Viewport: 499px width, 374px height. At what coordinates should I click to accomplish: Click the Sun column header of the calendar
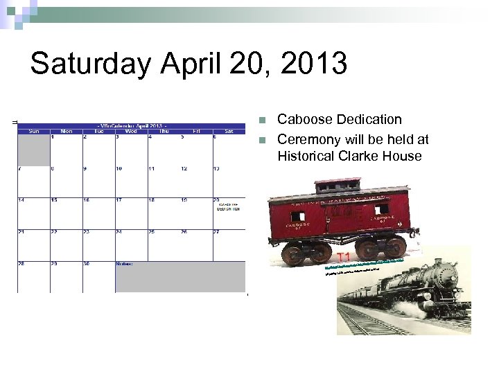pos(33,130)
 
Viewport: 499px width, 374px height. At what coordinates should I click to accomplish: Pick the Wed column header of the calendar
pos(131,130)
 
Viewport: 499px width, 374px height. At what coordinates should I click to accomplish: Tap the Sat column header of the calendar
pos(229,130)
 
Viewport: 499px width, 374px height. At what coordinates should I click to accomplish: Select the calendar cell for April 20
pos(229,213)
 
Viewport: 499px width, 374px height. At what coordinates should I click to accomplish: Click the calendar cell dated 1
pos(67,149)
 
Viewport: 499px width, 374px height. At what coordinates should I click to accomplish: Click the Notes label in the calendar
pos(125,264)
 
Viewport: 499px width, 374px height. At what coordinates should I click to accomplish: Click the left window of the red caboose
pos(297,216)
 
